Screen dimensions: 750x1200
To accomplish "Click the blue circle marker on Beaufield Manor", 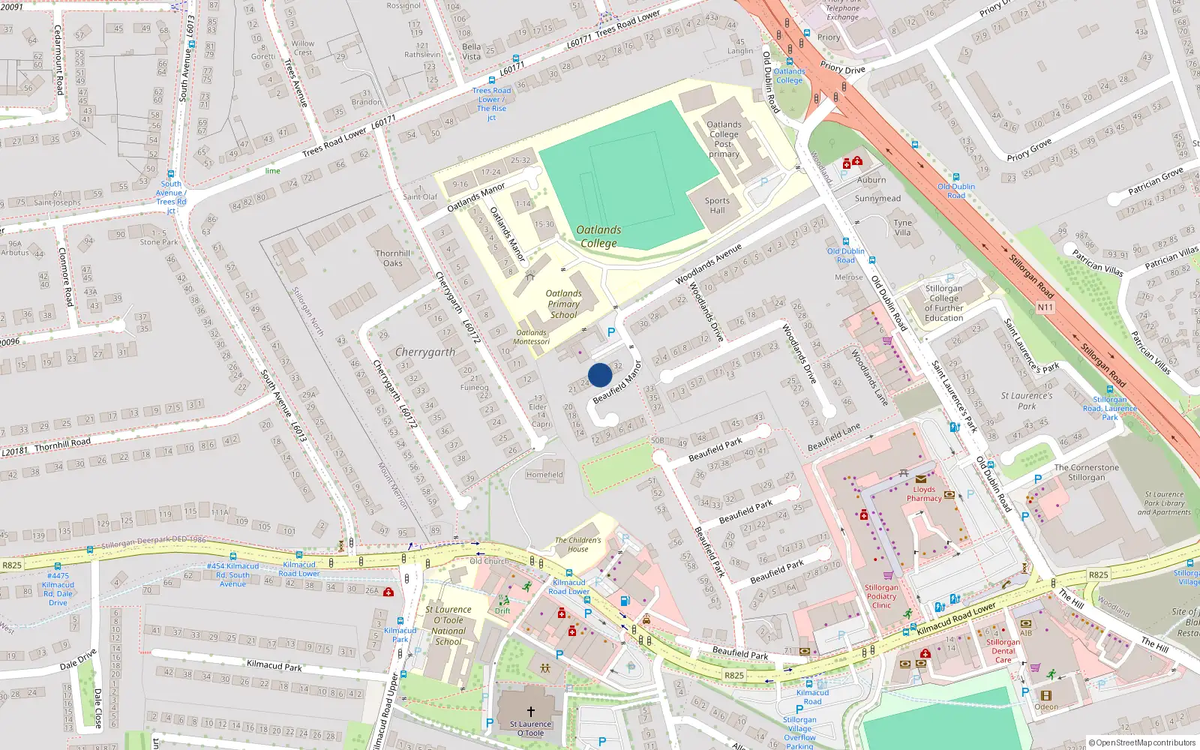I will point(600,375).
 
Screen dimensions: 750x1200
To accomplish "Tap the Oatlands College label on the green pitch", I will point(598,236).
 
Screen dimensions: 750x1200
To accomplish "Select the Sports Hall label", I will point(717,205).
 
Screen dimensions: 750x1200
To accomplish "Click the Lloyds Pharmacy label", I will point(924,493).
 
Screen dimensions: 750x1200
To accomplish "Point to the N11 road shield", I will point(1045,307).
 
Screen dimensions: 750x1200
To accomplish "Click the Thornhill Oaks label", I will point(393,258).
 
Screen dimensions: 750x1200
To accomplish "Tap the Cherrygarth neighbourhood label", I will point(425,352).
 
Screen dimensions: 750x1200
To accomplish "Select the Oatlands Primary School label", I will point(563,304).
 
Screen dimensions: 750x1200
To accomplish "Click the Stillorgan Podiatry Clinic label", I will point(881,596).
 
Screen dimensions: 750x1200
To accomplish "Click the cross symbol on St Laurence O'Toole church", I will point(531,711).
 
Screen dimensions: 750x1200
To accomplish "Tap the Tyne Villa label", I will point(903,227).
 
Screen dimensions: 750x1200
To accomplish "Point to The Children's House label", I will point(577,544).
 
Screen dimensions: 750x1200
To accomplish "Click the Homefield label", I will point(544,475).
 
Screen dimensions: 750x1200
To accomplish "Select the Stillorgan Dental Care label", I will point(1003,651).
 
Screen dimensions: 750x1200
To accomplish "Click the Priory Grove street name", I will point(1029,150).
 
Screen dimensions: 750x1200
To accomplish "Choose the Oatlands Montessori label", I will point(532,337).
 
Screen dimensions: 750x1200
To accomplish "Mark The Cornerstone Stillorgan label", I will point(1086,472).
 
